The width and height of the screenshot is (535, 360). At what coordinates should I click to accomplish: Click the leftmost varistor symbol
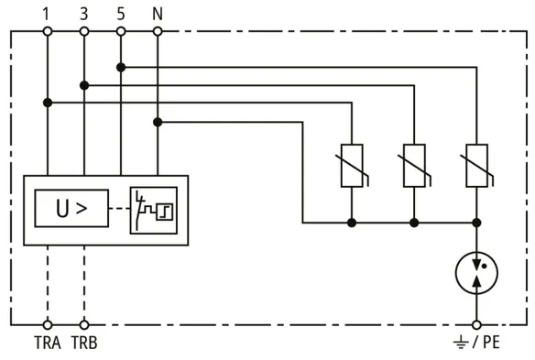point(352,166)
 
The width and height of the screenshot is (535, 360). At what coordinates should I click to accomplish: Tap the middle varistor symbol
point(414,166)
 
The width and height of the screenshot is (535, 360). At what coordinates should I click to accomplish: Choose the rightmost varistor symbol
point(476,166)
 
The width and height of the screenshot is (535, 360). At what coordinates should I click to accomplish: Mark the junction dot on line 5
point(121,68)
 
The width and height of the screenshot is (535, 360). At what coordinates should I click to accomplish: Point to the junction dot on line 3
point(84,85)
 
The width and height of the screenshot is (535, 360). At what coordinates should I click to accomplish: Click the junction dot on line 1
point(48,103)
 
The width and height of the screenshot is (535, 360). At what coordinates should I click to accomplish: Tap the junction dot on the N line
point(158,122)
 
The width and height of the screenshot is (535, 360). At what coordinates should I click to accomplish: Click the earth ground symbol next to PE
point(461,343)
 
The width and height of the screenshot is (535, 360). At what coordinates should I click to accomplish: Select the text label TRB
point(84,343)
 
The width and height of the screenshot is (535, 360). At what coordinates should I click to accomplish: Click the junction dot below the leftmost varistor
point(352,223)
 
